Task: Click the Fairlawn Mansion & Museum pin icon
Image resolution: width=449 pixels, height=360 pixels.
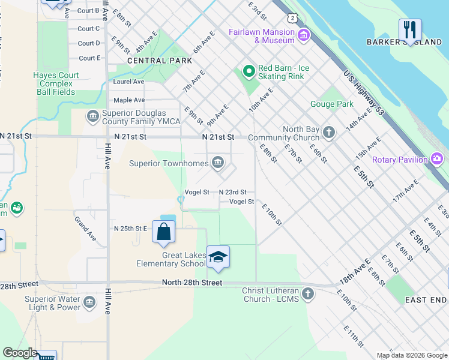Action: click(304, 36)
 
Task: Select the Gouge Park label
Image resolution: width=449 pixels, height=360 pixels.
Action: click(331, 104)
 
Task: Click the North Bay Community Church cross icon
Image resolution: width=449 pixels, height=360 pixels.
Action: click(328, 132)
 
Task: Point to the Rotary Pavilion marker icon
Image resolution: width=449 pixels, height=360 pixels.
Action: click(437, 159)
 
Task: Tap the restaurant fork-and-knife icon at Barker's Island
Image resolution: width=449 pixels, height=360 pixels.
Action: click(410, 29)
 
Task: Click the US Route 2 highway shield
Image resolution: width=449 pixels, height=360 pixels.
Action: click(292, 17)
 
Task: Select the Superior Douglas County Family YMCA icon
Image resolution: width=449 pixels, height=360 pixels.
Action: click(92, 116)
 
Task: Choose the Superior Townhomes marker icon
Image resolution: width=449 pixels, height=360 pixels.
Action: click(218, 162)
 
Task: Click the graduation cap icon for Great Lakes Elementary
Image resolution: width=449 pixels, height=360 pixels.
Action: click(218, 257)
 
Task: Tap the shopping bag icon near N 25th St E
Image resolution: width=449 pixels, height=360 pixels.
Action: click(163, 232)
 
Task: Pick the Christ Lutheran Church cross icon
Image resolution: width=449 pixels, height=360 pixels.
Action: click(308, 294)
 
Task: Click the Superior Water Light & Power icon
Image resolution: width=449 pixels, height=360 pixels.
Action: click(89, 301)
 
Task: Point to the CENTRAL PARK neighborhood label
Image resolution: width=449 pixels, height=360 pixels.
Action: click(160, 61)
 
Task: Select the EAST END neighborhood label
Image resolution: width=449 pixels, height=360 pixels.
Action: click(425, 299)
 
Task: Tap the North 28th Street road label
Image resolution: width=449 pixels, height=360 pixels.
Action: click(192, 283)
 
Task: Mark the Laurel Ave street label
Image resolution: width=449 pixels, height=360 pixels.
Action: click(128, 82)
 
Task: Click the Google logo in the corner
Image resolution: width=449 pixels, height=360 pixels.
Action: click(20, 353)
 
